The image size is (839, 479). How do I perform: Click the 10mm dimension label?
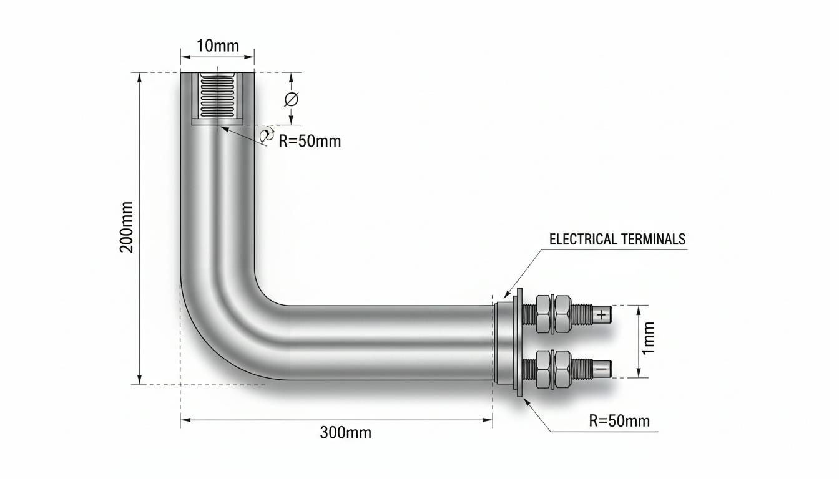click(218, 46)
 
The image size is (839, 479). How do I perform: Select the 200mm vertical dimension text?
click(126, 227)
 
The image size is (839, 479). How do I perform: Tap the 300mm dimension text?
click(345, 433)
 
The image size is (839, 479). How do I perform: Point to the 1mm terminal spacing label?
click(649, 337)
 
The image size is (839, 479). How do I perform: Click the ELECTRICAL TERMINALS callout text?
click(617, 239)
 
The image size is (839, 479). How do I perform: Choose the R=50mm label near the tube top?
click(310, 142)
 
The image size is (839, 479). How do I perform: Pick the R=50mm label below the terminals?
click(619, 421)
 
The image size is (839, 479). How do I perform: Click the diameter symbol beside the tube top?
click(291, 99)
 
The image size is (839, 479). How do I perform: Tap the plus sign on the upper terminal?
click(601, 315)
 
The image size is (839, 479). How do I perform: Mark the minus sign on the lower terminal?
click(601, 369)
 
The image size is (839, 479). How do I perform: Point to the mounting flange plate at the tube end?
click(519, 342)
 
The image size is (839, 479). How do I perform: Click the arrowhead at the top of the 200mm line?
click(140, 78)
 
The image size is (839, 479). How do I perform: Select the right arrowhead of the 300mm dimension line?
click(488, 420)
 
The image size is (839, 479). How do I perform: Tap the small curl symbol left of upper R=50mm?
click(267, 135)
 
